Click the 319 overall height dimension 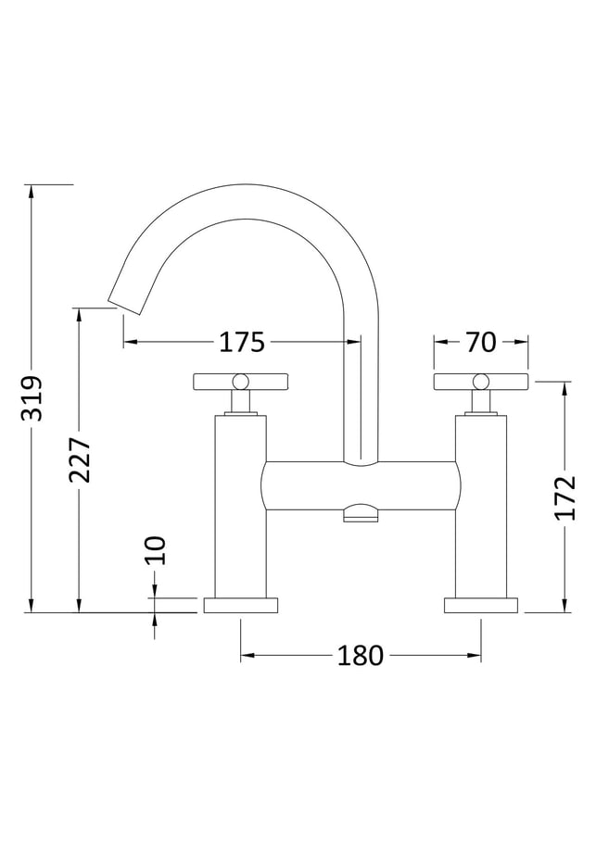point(32,398)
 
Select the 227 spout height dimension point(80,459)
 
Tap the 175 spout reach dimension point(242,342)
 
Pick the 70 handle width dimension point(480,342)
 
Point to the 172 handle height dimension point(564,497)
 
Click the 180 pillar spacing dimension point(361,655)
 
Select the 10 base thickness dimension point(155,550)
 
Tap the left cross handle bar point(240,382)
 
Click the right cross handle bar point(481,382)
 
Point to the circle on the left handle point(240,382)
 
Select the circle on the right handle point(481,382)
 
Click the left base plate point(241,605)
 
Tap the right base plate point(481,605)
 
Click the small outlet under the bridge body point(361,513)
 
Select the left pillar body point(241,507)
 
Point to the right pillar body point(481,507)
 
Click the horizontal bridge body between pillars point(361,485)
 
